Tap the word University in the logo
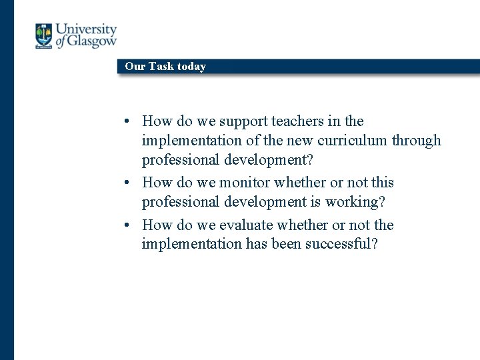[x=86, y=30]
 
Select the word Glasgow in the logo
[x=92, y=42]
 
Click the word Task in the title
[x=161, y=67]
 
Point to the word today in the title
[x=191, y=67]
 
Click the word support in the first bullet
[x=246, y=121]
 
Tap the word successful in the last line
[x=341, y=244]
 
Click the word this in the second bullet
[x=382, y=183]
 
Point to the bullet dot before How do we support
[x=126, y=122]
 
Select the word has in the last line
[x=256, y=244]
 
